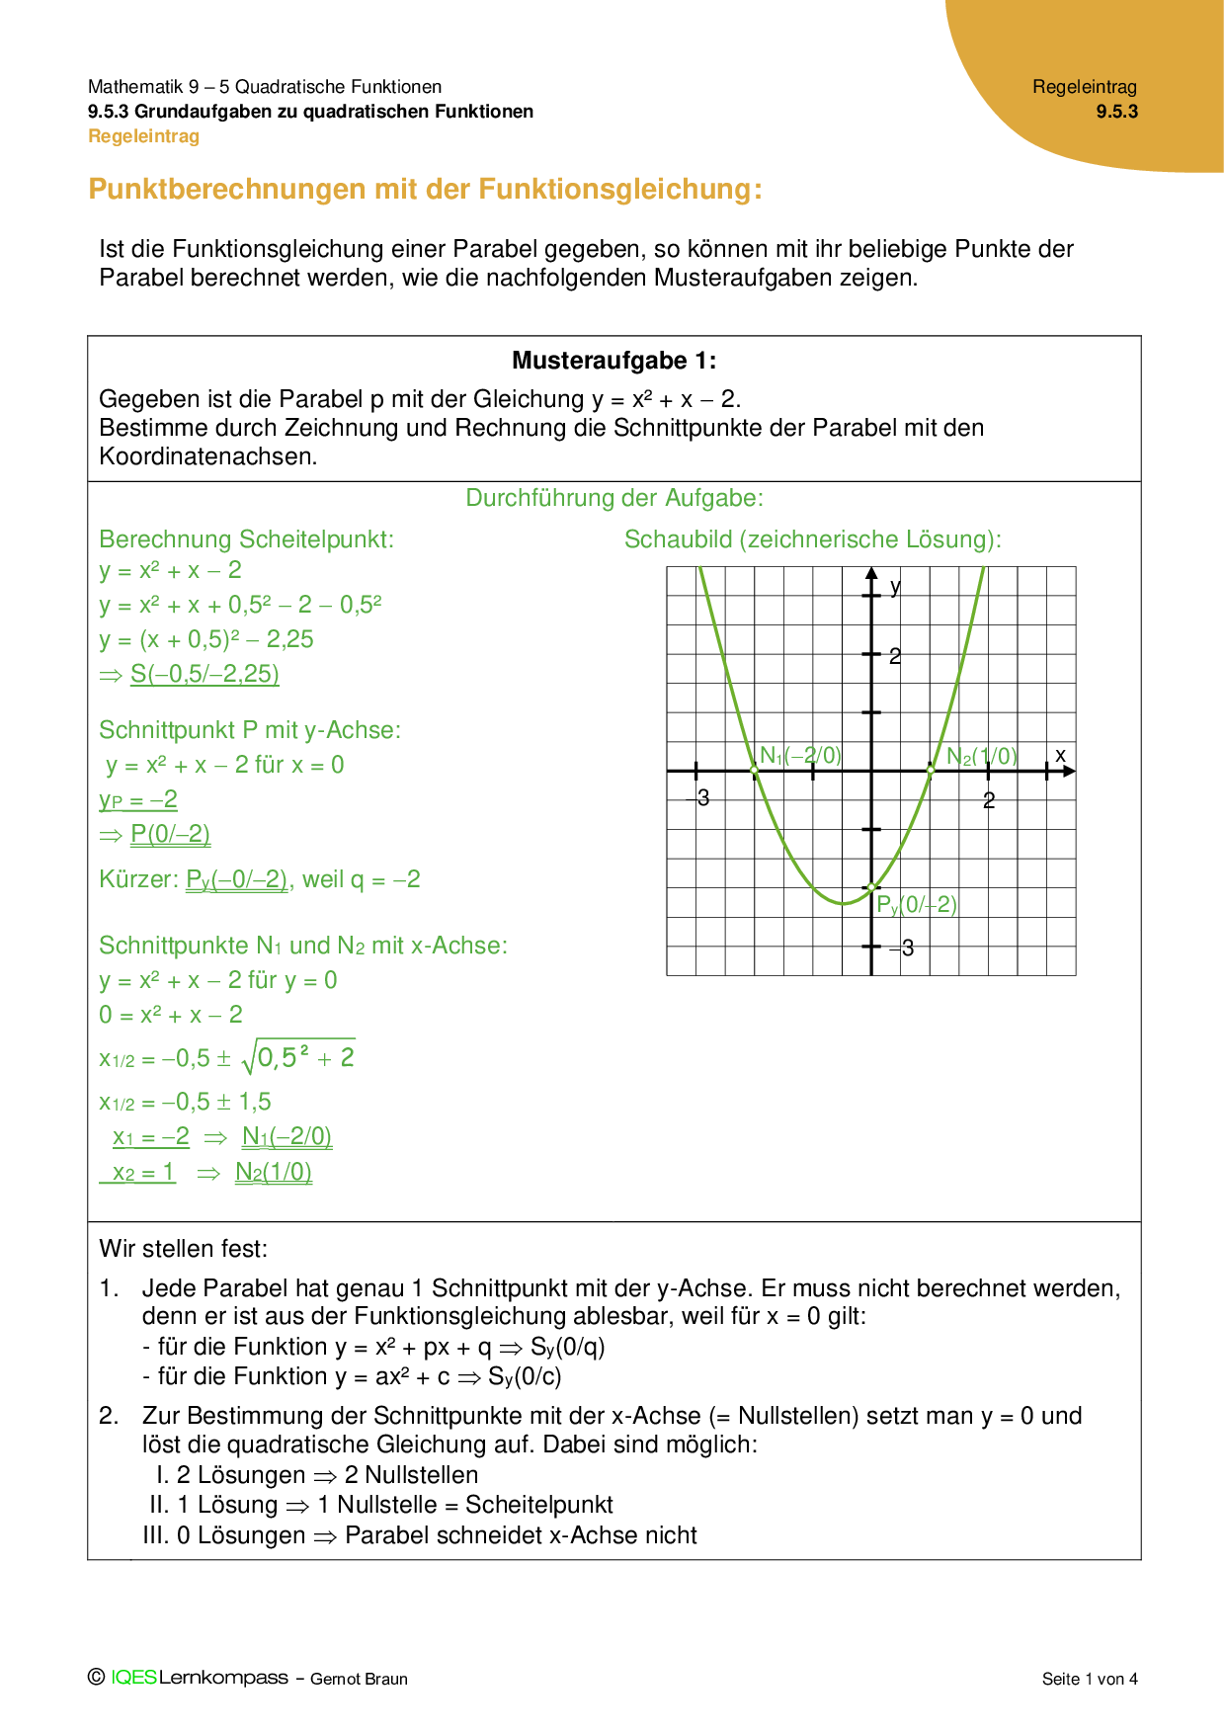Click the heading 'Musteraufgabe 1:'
[x=613, y=361]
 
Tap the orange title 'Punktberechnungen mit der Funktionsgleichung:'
[x=425, y=189]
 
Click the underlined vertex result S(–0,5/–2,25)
[x=204, y=674]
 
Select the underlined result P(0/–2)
[x=170, y=834]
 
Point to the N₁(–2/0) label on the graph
[x=800, y=756]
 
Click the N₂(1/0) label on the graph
[x=981, y=757]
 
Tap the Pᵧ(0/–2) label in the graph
[x=917, y=904]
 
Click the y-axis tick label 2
[x=895, y=656]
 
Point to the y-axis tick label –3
[x=902, y=949]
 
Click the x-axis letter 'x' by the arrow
[x=1060, y=755]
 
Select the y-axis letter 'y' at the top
[x=895, y=587]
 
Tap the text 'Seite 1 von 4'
[x=1090, y=1679]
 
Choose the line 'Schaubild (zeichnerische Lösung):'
[x=812, y=539]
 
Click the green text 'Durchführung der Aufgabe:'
[x=614, y=498]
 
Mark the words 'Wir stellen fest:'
[x=184, y=1249]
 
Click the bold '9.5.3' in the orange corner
[x=1116, y=112]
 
